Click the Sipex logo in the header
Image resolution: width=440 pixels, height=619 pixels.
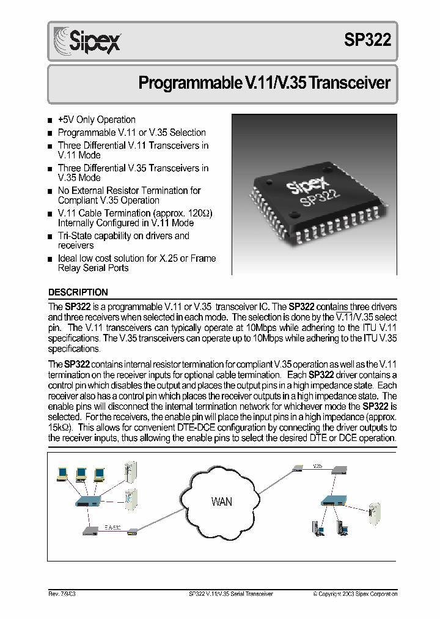point(87,41)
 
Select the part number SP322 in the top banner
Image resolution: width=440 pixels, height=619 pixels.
point(367,41)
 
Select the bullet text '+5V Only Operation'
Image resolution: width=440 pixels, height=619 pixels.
point(97,120)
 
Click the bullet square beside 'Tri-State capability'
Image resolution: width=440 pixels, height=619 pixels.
point(50,237)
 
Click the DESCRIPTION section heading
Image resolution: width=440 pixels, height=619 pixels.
point(78,292)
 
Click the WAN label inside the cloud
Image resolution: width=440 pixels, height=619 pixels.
point(221,502)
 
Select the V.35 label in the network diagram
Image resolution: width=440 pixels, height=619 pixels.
point(317,466)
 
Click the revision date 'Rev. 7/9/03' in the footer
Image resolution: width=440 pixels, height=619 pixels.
point(62,594)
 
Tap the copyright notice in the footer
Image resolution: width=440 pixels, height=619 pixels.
point(355,594)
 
